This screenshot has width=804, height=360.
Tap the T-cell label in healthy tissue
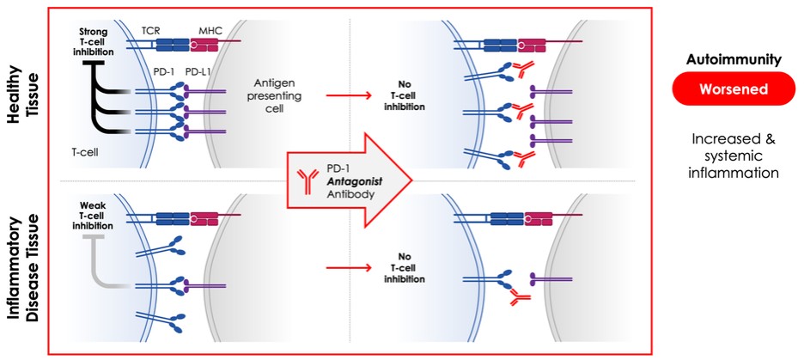[82, 149]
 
